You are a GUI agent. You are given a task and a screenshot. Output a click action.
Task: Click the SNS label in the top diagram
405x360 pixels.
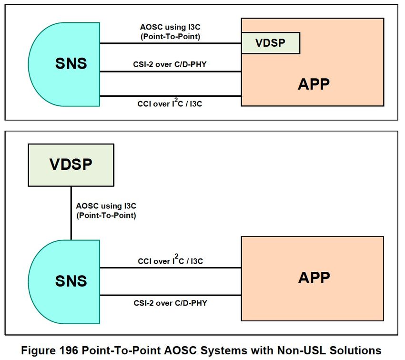[x=71, y=63]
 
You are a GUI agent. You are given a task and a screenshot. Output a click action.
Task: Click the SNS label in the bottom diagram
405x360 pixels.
[x=71, y=281]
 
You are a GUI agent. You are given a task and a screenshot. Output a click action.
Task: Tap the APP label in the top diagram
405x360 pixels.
[x=314, y=84]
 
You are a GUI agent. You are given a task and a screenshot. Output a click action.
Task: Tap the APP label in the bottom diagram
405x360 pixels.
[x=314, y=278]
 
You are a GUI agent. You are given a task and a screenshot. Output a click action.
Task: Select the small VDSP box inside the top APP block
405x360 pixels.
[x=271, y=43]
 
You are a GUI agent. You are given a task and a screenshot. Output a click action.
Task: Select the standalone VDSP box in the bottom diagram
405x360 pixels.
[x=71, y=165]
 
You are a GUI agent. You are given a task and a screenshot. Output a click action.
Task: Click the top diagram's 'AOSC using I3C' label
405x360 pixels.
[x=170, y=27]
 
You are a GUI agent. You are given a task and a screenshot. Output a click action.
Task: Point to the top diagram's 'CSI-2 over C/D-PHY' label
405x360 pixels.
[x=170, y=64]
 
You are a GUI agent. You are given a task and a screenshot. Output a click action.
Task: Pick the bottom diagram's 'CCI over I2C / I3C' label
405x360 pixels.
[x=170, y=260]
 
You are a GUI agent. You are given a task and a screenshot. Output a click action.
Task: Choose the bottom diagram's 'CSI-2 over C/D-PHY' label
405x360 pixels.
[x=170, y=303]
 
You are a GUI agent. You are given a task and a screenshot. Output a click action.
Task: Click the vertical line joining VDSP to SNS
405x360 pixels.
[x=71, y=213]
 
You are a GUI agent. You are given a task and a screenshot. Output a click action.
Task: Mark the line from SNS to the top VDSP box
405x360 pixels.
[x=171, y=43]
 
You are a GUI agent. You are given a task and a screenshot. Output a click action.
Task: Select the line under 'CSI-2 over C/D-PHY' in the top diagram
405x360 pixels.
[x=171, y=72]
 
